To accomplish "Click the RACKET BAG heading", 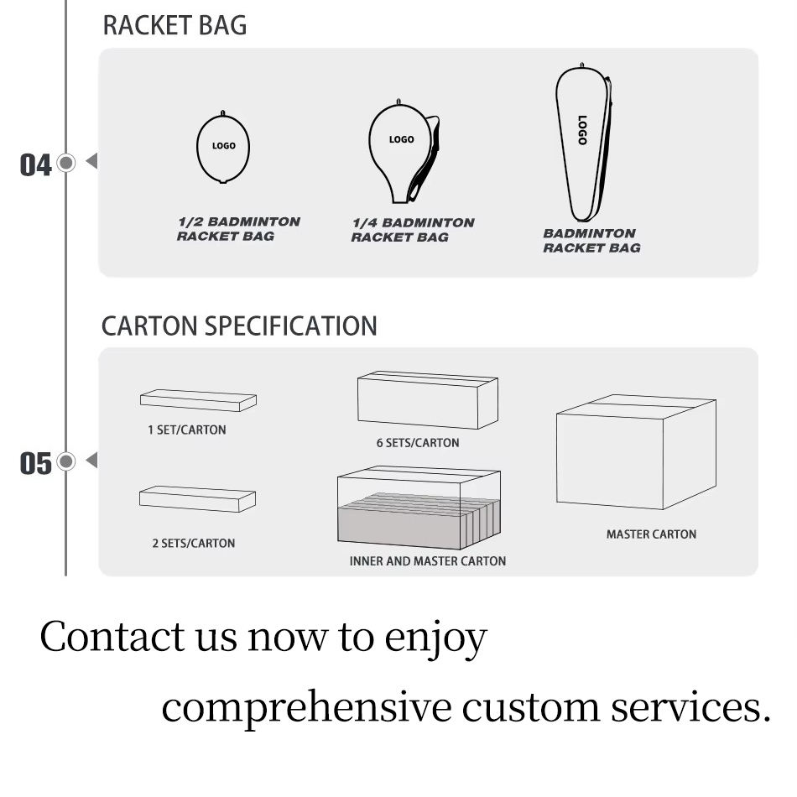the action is point(175,25).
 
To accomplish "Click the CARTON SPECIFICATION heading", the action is point(239,326).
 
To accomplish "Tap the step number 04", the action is point(35,164).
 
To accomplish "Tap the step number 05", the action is point(35,463).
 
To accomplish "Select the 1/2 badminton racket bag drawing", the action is point(223,147).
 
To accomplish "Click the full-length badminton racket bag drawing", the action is point(584,143).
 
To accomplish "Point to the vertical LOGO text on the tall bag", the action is point(582,130).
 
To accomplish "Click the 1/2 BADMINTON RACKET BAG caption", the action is point(238,229).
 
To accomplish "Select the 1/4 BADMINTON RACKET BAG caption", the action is point(412,230).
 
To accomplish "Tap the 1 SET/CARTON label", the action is point(187,430).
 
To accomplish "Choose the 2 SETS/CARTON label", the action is point(193,543).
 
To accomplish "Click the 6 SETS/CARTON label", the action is point(417,443).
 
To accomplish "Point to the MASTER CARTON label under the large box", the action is point(651,534).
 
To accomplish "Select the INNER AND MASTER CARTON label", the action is point(427,560).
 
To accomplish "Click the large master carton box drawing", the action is point(636,453).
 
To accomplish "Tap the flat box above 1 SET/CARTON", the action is point(198,401).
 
